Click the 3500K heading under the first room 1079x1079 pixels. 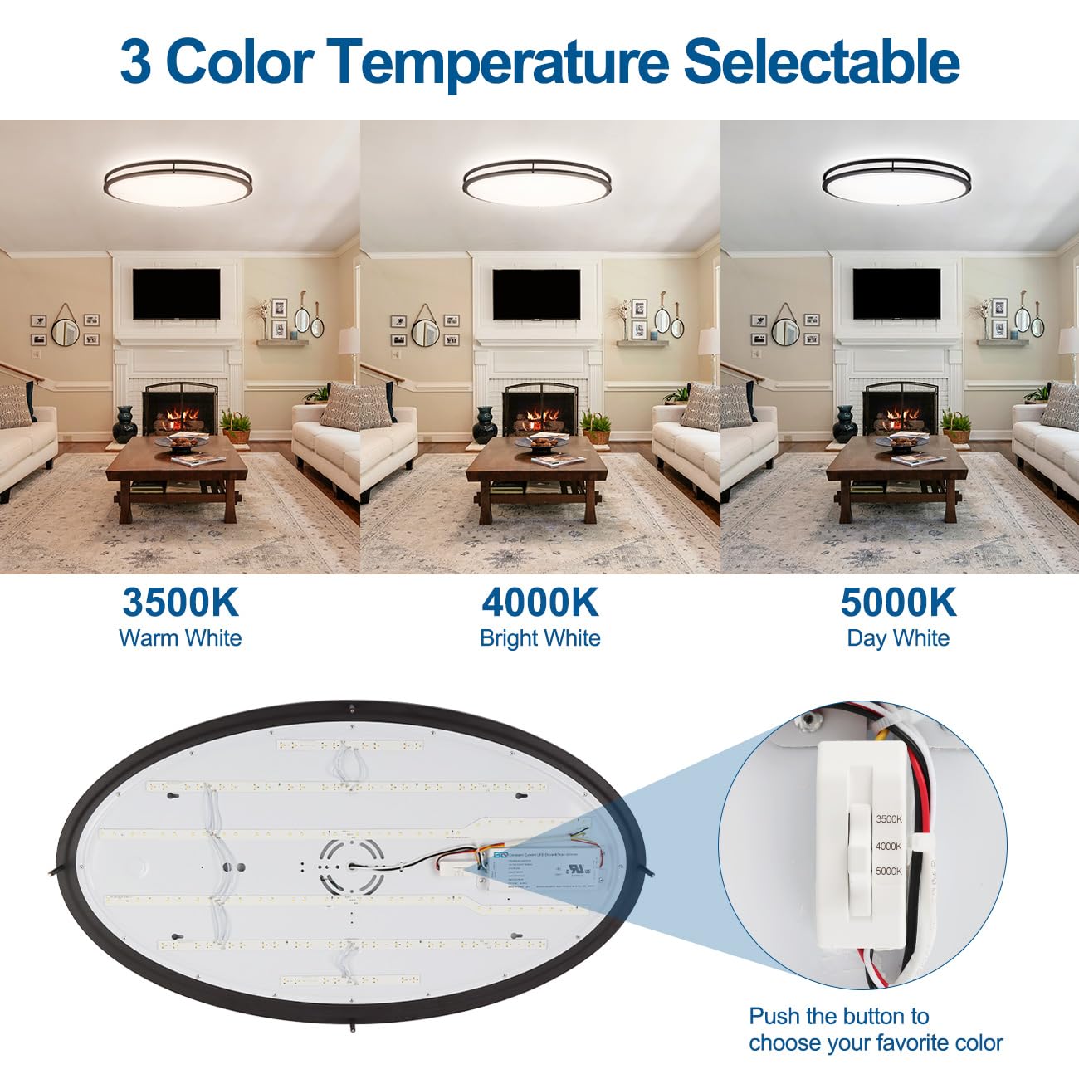[180, 603]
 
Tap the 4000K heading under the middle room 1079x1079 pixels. [539, 603]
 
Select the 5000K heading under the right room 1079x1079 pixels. [898, 603]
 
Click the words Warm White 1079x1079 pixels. [180, 638]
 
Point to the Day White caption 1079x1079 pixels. [898, 638]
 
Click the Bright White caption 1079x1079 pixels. [539, 638]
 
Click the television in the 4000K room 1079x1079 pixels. [536, 295]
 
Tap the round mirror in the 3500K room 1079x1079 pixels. [65, 330]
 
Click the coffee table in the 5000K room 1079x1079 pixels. [896, 473]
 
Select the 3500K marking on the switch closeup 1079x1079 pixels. [888, 819]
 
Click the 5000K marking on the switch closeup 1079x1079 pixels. [888, 871]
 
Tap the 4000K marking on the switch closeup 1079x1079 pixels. [888, 846]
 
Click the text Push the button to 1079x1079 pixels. [838, 1016]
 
